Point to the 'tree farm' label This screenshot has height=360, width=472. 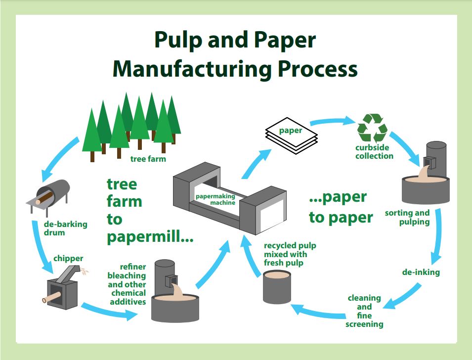click(x=148, y=159)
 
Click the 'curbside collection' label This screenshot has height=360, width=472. click(x=374, y=152)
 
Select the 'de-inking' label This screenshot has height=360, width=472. click(x=421, y=272)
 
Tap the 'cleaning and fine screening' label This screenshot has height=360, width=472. click(x=364, y=311)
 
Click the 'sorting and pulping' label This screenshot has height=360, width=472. click(x=407, y=218)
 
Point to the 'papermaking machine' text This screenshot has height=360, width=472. click(x=215, y=199)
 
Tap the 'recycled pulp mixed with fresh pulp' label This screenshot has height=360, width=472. click(x=290, y=254)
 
